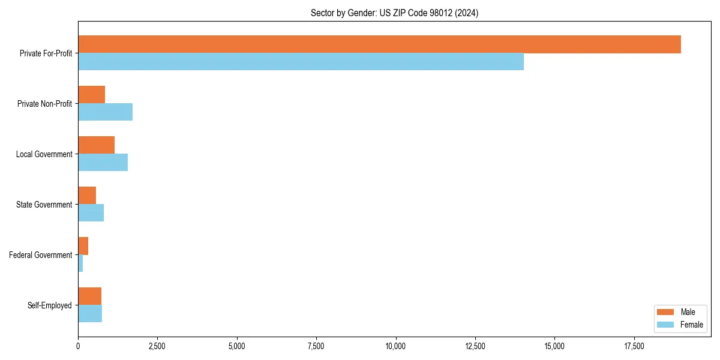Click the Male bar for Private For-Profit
379,44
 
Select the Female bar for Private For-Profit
301,62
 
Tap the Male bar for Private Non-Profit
91,95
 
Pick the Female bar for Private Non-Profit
105,112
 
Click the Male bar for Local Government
96,145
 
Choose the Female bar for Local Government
103,163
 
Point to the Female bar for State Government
91,213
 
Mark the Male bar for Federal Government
83,246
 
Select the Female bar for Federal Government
80,263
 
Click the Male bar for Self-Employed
89,296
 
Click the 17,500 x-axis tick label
634,346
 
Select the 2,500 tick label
157,346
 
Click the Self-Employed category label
50,305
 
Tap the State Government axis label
44,205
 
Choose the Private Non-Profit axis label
45,104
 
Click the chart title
394,13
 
